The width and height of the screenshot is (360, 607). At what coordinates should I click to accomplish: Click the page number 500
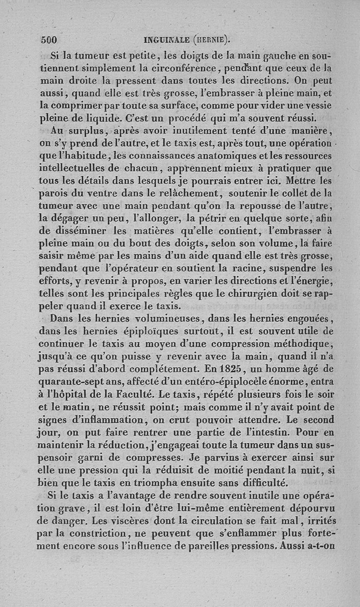(x=50, y=40)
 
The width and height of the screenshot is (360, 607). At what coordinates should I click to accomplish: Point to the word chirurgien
(x=254, y=294)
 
